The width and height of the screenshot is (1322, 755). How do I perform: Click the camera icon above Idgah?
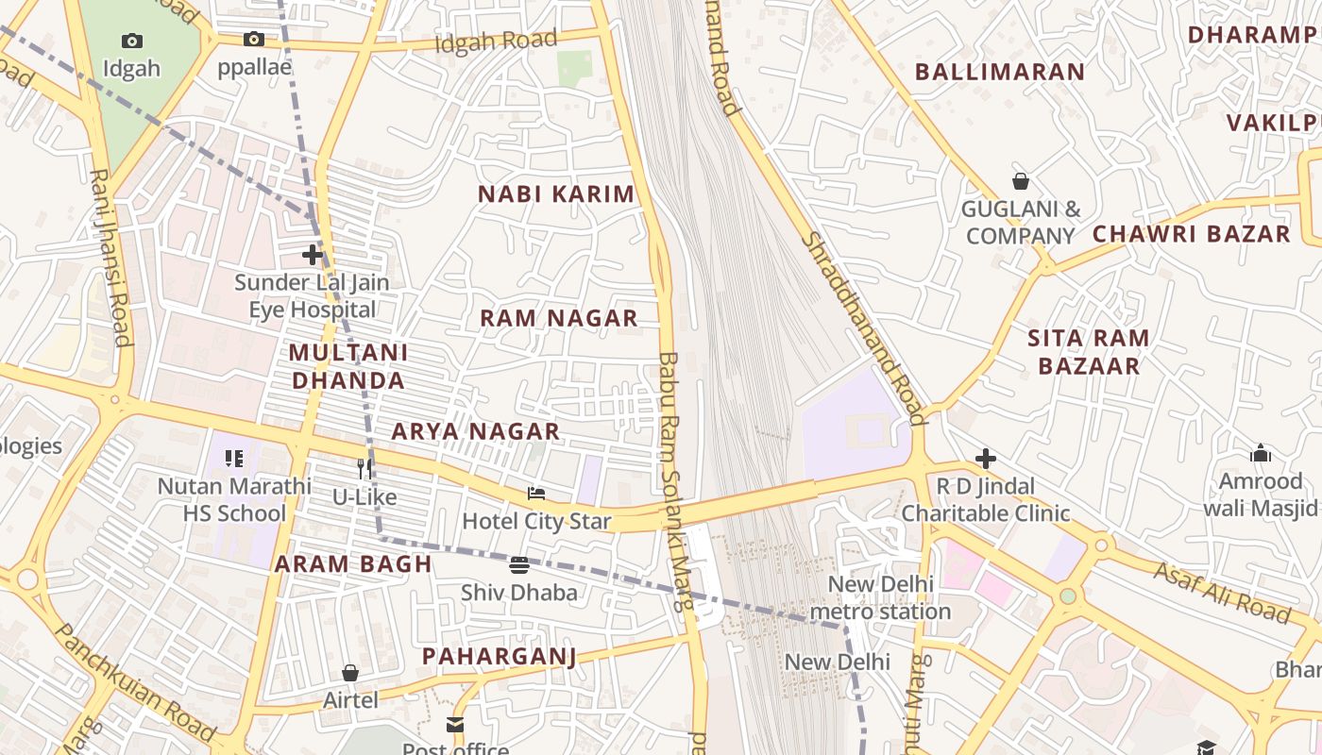(132, 41)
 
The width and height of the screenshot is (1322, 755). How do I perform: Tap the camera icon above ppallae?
(253, 39)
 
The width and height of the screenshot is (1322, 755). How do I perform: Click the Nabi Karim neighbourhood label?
(556, 194)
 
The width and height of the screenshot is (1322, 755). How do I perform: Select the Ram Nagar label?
(559, 318)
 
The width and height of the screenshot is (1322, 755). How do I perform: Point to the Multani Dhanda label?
(348, 366)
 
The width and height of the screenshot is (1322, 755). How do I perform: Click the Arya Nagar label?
(476, 431)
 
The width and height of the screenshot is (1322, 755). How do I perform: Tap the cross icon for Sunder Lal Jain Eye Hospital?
(313, 255)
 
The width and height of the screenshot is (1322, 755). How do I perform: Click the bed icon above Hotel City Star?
(536, 494)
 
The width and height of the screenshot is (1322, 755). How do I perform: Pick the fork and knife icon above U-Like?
(364, 469)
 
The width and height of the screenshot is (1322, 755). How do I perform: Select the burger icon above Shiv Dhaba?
(518, 565)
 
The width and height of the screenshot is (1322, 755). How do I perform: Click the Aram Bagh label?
(353, 564)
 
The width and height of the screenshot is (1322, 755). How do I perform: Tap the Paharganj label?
(499, 656)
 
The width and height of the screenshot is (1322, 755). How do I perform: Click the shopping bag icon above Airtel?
(350, 673)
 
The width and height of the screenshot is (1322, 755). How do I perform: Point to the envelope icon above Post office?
(455, 725)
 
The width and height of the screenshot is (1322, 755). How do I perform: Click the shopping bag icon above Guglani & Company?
(1020, 181)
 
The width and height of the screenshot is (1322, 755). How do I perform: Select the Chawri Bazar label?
(1191, 234)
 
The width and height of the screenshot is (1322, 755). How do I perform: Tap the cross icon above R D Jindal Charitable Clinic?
(986, 459)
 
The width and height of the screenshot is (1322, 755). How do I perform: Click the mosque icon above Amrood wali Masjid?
(1261, 454)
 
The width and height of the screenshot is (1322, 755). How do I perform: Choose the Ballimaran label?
(1000, 72)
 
